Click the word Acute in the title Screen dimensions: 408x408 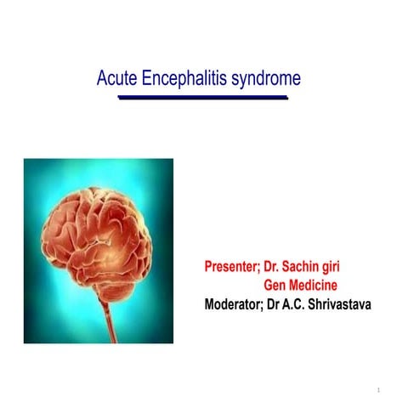[x=115, y=79]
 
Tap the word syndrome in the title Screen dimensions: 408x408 [x=266, y=79]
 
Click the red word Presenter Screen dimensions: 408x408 [x=231, y=267]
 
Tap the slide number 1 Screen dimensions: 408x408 [x=378, y=390]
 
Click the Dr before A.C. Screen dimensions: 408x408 [x=280, y=303]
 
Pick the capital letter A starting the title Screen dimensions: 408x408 [x=102, y=79]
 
